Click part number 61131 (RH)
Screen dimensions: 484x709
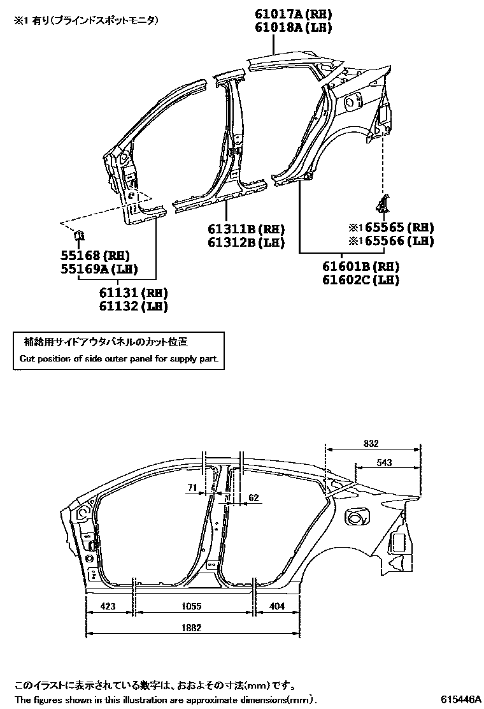pyautogui.click(x=132, y=293)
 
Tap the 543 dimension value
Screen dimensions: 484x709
pyautogui.click(x=384, y=463)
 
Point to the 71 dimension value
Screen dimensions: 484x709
pyautogui.click(x=192, y=488)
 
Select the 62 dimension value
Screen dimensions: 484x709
pyautogui.click(x=253, y=497)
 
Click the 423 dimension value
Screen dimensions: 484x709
pyautogui.click(x=108, y=606)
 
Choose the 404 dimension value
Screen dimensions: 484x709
pyautogui.click(x=278, y=606)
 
